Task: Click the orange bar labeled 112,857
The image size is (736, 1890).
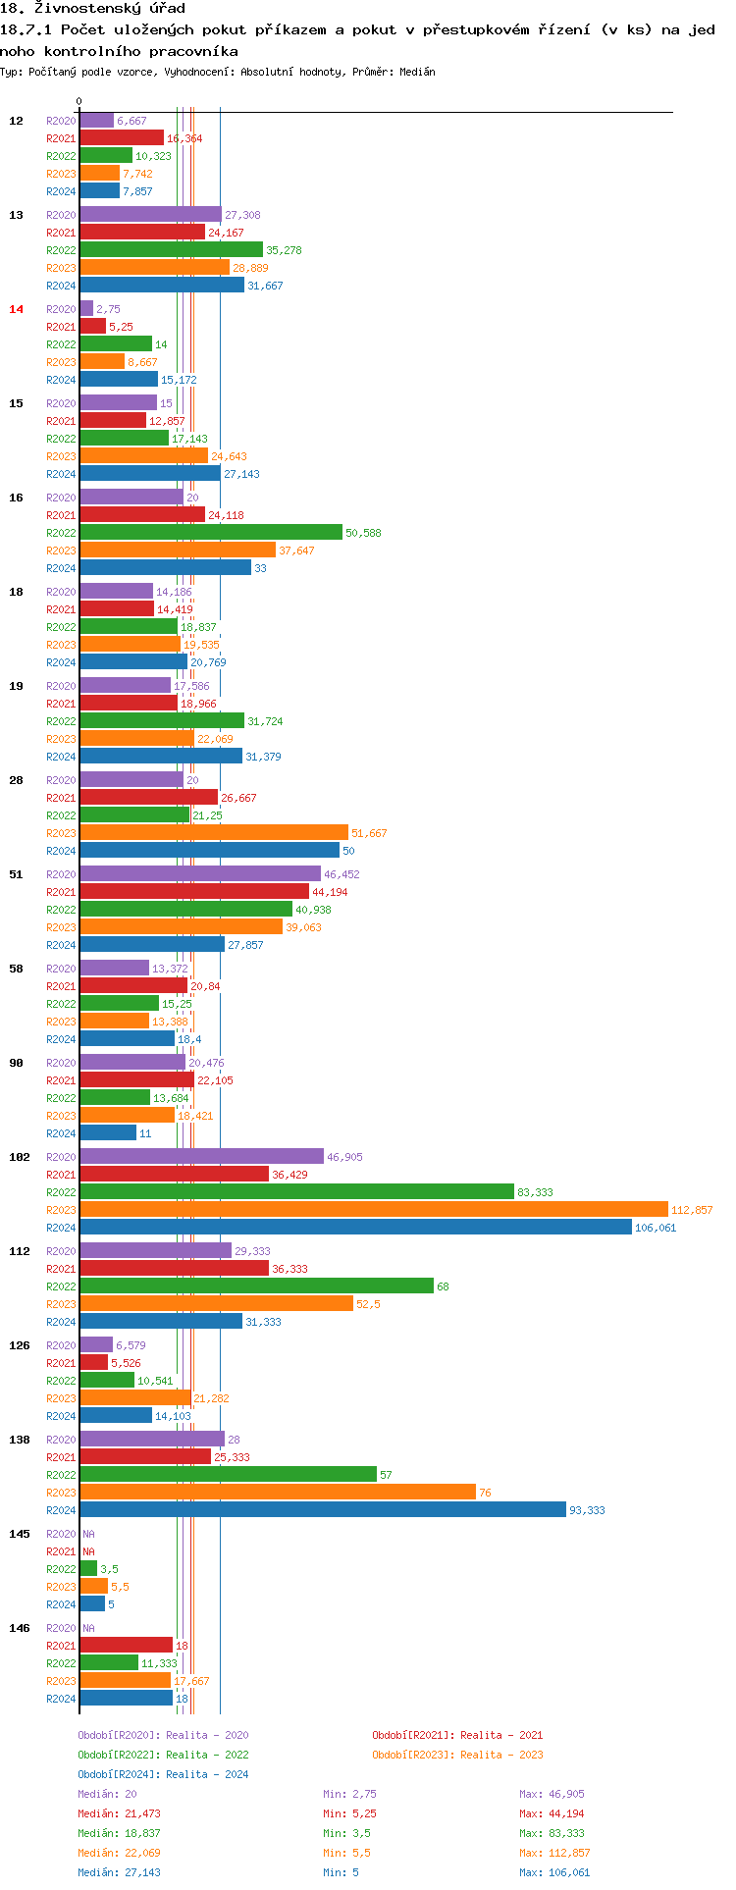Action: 373,1210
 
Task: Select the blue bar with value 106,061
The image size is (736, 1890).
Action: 355,1228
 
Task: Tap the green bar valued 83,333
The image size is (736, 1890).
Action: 296,1192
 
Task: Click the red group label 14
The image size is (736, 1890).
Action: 16,309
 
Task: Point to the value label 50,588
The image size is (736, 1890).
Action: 363,533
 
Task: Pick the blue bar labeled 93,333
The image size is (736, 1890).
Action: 323,1510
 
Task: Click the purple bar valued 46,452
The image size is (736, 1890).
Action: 200,874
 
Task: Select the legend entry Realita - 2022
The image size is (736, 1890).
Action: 163,1755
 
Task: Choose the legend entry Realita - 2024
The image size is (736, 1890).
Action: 163,1774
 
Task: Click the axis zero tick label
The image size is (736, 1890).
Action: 79,101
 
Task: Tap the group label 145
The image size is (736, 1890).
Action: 20,1534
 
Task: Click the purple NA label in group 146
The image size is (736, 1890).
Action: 88,1628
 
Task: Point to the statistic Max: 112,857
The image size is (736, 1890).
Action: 555,1853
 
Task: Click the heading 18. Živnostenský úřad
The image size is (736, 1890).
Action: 92,9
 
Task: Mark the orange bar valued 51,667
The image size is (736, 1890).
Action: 214,833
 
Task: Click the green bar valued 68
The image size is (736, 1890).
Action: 256,1286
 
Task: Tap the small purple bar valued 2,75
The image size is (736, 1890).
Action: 86,309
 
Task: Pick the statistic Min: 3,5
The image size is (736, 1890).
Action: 346,1833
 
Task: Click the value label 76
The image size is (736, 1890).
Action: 485,1493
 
